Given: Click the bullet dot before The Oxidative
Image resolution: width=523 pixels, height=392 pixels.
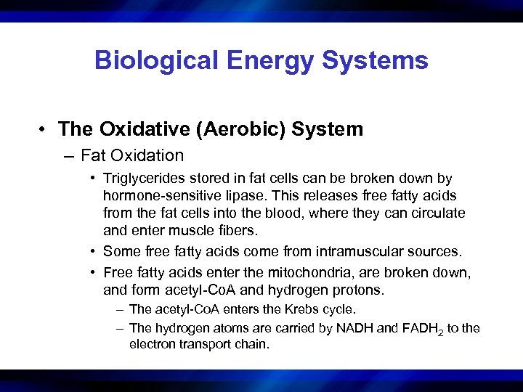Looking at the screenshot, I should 45,130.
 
